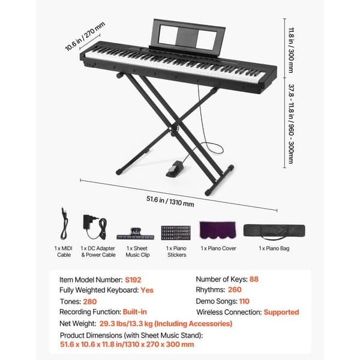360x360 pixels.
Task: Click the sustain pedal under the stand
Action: point(175,169)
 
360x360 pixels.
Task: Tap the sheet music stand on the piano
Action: point(187,37)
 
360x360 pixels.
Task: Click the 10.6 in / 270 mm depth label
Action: point(85,36)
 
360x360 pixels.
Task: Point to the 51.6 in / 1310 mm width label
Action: point(170,201)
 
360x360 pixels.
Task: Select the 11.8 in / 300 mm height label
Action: point(291,50)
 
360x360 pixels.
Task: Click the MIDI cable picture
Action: point(64,224)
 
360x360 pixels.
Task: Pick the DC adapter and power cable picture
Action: point(95,227)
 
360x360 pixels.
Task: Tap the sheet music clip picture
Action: point(135,234)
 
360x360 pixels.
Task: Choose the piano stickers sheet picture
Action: point(176,233)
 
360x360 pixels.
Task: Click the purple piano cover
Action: point(218,230)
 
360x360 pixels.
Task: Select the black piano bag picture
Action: point(274,231)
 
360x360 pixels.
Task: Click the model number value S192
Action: point(133,280)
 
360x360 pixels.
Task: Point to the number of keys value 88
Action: point(254,279)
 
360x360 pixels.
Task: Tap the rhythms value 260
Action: point(235,290)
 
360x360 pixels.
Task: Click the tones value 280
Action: point(90,301)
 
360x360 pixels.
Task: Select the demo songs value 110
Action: point(244,301)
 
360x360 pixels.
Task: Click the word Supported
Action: point(281,312)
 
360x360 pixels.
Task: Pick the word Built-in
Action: point(135,312)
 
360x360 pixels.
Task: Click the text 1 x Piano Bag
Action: point(274,248)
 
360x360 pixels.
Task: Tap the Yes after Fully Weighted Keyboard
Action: point(147,290)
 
